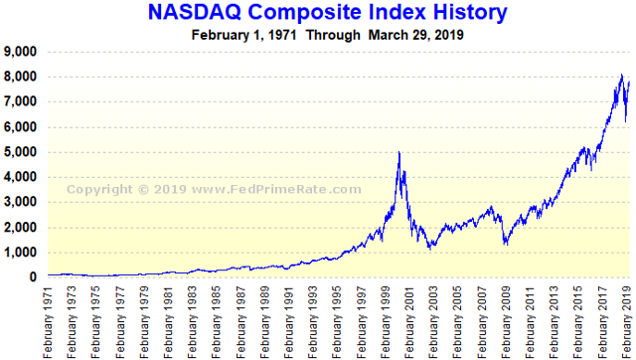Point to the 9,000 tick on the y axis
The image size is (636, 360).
(21, 52)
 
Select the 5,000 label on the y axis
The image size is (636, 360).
(21, 152)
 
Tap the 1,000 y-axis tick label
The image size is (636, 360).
(21, 253)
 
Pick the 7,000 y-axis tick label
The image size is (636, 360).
(21, 101)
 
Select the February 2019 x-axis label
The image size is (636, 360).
(626, 319)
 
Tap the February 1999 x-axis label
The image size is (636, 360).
(387, 319)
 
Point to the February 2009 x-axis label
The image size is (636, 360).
(507, 319)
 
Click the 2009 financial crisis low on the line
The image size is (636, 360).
(505, 244)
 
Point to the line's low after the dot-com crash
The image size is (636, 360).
(429, 248)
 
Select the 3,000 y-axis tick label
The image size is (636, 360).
(21, 202)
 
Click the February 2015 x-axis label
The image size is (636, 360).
(578, 319)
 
